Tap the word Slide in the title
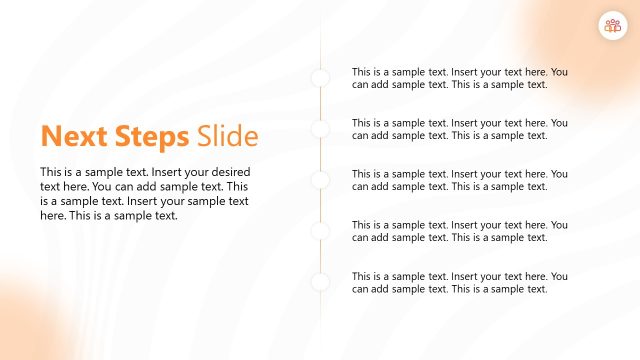pos(227,137)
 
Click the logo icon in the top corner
pos(612,27)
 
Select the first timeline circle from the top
pos(320,78)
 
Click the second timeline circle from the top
pos(320,129)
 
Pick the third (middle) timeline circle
pos(320,180)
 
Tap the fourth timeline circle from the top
pos(320,231)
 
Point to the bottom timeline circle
pos(320,282)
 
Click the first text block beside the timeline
pos(459,78)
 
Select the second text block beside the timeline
pos(459,129)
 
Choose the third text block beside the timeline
pos(459,180)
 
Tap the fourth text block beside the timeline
pos(459,231)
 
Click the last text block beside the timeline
pos(459,282)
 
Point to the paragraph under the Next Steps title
pos(145,193)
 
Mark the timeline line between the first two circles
pos(320,104)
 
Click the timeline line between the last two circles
pos(320,257)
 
